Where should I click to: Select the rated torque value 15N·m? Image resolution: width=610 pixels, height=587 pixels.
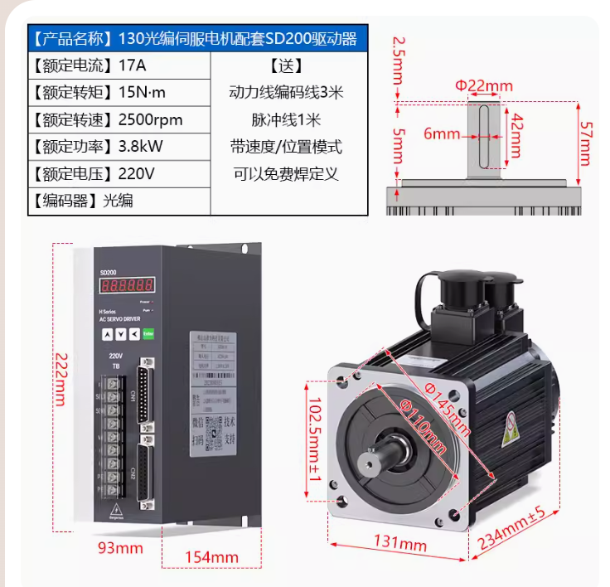point(143,92)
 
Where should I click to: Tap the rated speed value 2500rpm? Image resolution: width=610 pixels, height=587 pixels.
point(151,119)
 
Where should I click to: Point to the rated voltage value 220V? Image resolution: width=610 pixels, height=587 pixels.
point(137,174)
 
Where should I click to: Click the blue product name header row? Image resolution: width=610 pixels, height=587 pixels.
point(197,38)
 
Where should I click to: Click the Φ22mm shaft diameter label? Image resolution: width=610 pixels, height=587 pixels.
point(484,85)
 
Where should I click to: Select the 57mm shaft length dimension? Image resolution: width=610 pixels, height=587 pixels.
point(585,143)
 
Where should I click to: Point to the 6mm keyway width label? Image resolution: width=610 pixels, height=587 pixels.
point(442,133)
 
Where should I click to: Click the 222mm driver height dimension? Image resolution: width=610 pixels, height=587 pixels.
point(60,377)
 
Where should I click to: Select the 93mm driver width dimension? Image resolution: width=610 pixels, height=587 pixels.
point(120,548)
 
